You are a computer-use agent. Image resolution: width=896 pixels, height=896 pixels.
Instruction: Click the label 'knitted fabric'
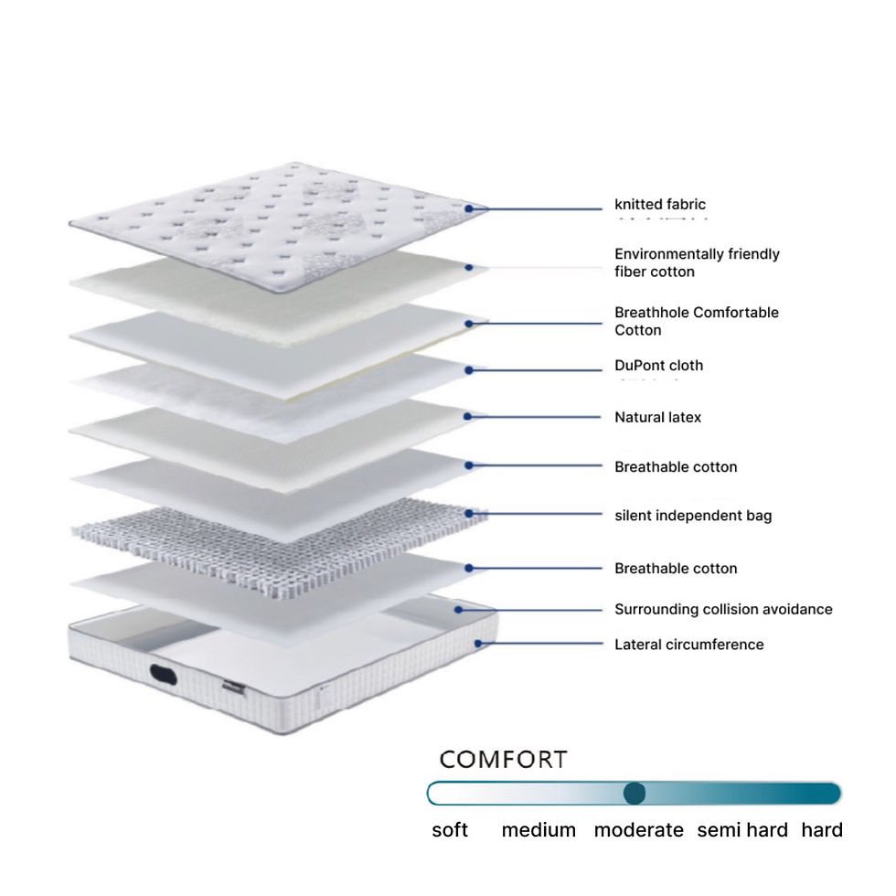pos(659,205)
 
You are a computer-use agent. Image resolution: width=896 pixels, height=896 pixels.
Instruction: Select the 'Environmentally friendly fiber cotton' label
pos(697,262)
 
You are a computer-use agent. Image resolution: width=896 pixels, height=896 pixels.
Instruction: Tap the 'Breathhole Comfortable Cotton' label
pos(697,321)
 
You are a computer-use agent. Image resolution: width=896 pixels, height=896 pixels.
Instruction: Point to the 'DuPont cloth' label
pos(658,366)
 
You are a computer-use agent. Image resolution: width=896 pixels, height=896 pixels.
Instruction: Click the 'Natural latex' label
pos(657,418)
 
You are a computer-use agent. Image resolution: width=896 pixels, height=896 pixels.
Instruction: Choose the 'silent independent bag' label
pos(693,516)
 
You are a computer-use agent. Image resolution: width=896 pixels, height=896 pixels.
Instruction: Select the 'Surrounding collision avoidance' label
pos(723,610)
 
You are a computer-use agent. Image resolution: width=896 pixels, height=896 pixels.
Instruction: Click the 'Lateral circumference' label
pos(688,645)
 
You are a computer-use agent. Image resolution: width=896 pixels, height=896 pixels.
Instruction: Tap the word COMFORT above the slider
pos(503,760)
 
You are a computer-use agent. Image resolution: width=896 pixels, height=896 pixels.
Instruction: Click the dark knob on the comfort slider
pos(635,794)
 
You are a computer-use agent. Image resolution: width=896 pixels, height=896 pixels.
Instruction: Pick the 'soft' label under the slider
pos(450,830)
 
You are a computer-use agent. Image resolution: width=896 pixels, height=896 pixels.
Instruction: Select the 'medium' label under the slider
pos(539,830)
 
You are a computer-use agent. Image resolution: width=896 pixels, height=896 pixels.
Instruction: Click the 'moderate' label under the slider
pos(638,830)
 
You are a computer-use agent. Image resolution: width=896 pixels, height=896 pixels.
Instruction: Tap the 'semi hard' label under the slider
pos(741,830)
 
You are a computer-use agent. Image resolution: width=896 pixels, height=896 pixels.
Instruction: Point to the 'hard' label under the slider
pos(822,830)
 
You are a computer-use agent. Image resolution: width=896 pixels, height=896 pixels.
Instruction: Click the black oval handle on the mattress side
pos(165,676)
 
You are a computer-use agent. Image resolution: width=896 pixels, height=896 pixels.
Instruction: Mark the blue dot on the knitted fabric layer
pos(468,209)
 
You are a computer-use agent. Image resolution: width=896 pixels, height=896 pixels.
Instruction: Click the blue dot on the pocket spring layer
pos(468,514)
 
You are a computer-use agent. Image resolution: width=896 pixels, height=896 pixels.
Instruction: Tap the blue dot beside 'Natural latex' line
pos(468,417)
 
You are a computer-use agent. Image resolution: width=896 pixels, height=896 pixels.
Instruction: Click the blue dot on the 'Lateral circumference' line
pos(476,644)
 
